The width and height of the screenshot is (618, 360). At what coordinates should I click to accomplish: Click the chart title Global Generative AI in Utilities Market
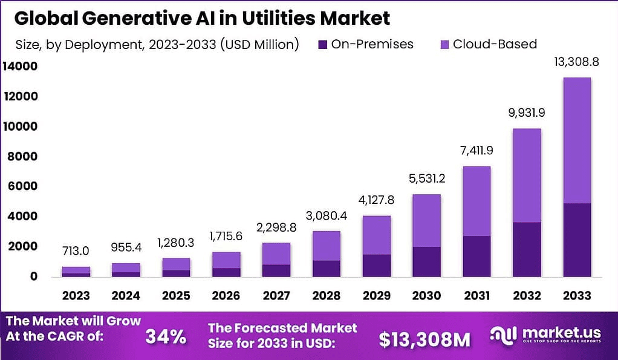[x=202, y=18]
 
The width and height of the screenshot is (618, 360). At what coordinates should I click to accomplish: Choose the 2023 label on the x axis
[x=76, y=296]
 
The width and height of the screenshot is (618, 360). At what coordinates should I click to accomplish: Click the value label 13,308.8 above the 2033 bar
[x=576, y=62]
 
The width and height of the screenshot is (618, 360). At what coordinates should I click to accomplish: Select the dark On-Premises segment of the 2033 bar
[x=576, y=240]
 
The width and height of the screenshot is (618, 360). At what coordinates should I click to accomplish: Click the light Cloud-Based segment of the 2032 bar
[x=527, y=175]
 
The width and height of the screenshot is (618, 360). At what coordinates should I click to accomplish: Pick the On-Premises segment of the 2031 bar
[x=477, y=256]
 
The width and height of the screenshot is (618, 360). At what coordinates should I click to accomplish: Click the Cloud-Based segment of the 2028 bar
[x=326, y=246]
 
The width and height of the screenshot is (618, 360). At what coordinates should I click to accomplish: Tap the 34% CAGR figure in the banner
[x=166, y=337]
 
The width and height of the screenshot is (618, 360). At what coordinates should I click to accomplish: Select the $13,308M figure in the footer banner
[x=424, y=339]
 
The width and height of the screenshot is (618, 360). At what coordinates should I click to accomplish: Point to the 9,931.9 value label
[x=527, y=113]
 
